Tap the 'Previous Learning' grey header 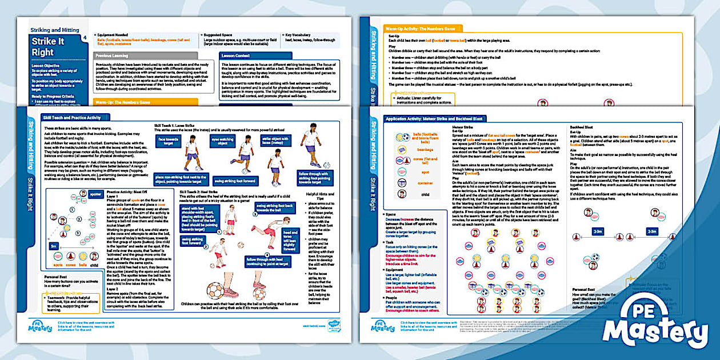coord(112,56)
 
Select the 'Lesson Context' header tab coord(237,56)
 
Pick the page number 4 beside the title coord(85,38)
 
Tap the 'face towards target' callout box coord(169,141)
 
